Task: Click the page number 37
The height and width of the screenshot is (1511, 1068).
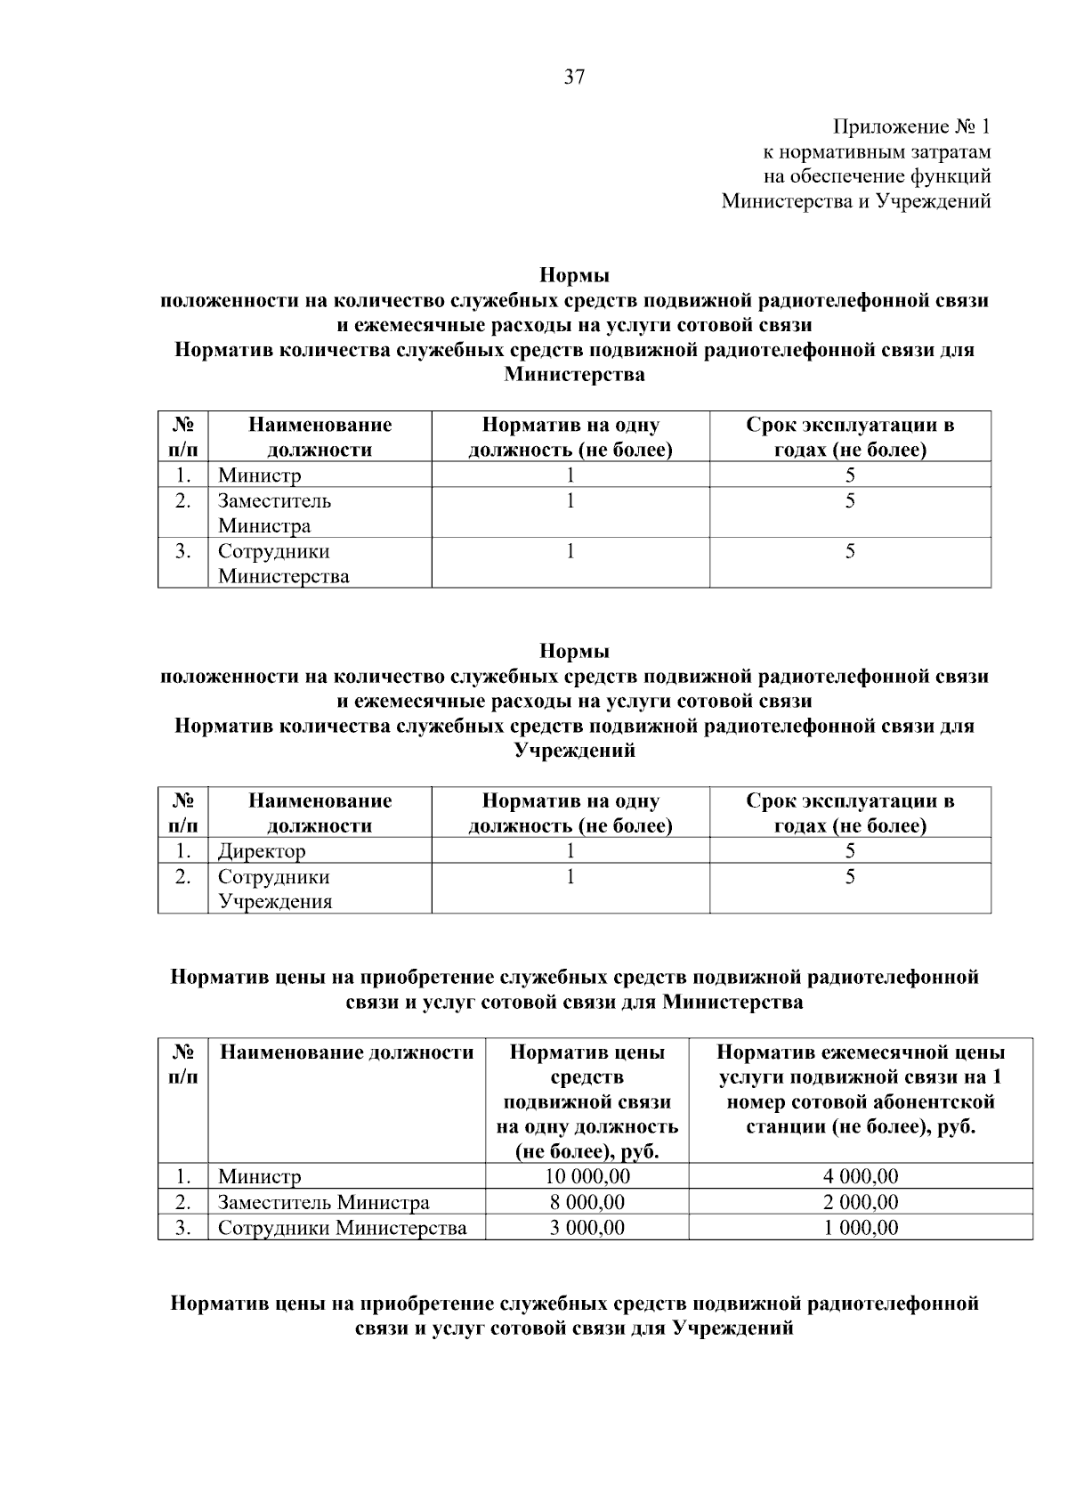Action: coord(574,77)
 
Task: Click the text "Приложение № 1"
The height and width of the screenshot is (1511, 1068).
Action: coord(910,126)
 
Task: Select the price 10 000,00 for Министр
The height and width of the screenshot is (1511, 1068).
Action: coord(587,1176)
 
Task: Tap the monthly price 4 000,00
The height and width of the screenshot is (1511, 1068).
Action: coord(860,1176)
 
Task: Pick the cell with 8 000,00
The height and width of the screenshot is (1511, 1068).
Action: coord(587,1202)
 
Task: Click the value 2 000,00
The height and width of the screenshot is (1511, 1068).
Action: coord(860,1202)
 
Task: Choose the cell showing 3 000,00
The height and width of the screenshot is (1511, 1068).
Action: coord(587,1228)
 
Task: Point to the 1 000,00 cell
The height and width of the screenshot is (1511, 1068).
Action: coord(860,1228)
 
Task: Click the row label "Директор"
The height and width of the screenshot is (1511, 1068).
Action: coord(262,851)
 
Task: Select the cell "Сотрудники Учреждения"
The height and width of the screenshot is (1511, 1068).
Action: coord(275,889)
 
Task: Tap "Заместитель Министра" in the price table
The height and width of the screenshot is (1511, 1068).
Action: coord(323,1202)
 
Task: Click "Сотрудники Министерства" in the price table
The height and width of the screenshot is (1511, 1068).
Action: coord(342,1228)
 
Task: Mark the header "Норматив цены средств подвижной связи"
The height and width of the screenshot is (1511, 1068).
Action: coord(587,1101)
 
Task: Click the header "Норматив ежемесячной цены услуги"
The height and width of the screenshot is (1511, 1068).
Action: coord(860,1089)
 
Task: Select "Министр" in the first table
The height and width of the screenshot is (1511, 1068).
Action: coord(260,475)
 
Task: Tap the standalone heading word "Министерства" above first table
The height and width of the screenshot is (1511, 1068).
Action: coord(574,375)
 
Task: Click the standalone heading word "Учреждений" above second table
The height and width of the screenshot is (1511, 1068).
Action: coord(574,751)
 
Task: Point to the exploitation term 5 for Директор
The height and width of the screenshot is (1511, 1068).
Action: coord(850,851)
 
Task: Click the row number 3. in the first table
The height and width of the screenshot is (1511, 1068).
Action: coord(182,551)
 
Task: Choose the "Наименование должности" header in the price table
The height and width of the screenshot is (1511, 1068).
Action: coord(346,1052)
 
